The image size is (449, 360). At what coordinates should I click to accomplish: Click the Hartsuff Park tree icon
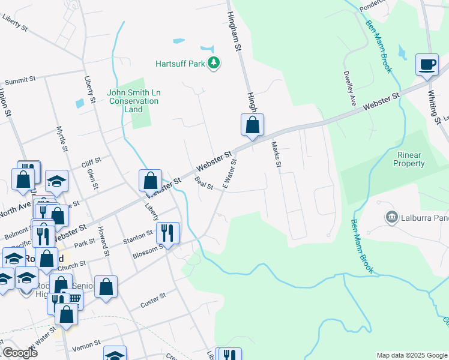(213, 62)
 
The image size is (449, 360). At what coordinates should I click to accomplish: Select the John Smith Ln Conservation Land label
(134, 101)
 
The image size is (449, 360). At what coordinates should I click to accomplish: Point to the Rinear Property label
(409, 159)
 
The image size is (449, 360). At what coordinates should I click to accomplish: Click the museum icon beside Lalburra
(391, 216)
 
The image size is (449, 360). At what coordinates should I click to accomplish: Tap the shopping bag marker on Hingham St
(253, 125)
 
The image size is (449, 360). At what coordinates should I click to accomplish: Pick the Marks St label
(277, 154)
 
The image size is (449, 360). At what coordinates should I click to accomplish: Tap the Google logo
(20, 353)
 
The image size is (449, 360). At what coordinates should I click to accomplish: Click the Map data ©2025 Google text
(411, 355)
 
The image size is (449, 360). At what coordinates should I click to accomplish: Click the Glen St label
(91, 178)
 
